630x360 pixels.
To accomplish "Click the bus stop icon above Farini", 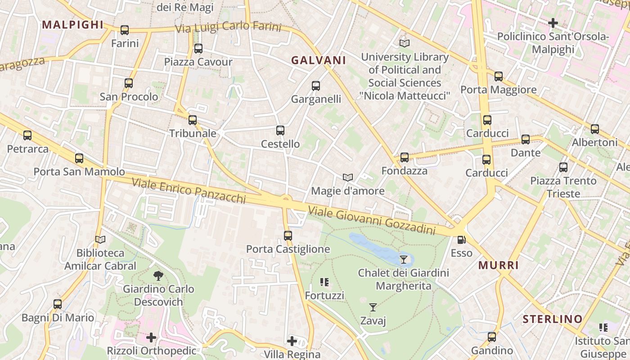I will (x=125, y=30).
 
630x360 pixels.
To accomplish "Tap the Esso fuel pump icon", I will (x=461, y=240).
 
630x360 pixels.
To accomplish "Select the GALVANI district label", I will (x=319, y=60).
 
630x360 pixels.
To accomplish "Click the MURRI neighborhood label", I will (x=499, y=265).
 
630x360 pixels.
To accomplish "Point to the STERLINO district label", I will (x=553, y=319).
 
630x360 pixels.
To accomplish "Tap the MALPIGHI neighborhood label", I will (x=72, y=25).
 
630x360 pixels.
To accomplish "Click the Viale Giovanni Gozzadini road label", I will (x=372, y=220).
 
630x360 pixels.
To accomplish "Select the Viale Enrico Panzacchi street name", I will (x=189, y=190).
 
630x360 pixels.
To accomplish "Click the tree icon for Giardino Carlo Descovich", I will (x=158, y=275).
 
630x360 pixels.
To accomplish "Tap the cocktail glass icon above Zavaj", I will (x=373, y=307).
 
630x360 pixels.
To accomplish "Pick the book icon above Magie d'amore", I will (x=347, y=178).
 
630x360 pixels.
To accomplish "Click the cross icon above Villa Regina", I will (x=292, y=341).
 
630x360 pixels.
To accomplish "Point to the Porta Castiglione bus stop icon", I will (x=288, y=235).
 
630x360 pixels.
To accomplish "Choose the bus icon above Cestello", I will (x=280, y=130).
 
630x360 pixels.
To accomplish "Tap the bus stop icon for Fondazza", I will (x=405, y=157).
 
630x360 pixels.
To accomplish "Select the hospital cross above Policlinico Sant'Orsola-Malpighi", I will (x=553, y=22).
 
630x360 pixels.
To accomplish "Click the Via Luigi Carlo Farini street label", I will (x=228, y=27).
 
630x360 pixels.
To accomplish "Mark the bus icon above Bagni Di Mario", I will (x=58, y=304).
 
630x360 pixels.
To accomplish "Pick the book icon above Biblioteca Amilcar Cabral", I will (x=100, y=240).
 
